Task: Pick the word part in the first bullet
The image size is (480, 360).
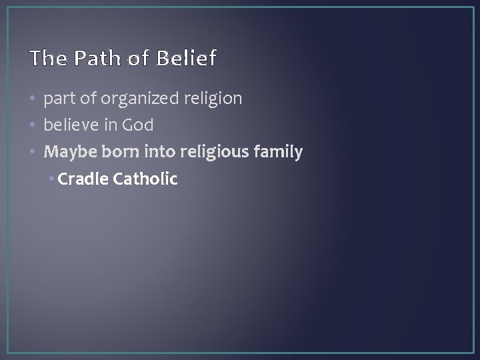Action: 57,99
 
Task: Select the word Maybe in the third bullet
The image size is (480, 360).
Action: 69,152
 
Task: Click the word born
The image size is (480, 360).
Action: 119,152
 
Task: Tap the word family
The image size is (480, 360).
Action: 281,152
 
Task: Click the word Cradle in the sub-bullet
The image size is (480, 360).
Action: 84,179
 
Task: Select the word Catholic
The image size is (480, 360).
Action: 146,179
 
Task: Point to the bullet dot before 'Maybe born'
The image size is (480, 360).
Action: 33,153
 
